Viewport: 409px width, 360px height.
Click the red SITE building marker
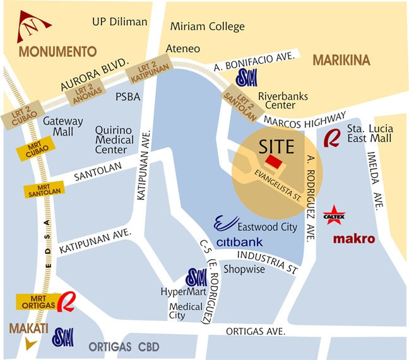pos(273,162)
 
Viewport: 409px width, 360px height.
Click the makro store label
pos(354,239)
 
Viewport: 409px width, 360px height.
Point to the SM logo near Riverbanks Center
pos(245,78)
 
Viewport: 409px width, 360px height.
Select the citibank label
pos(239,242)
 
